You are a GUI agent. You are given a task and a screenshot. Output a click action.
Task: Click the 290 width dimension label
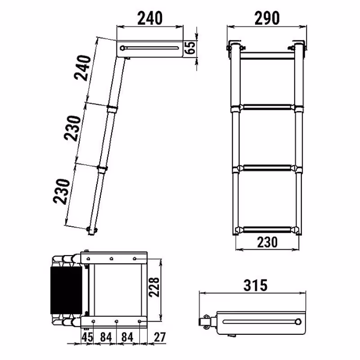pyautogui.click(x=267, y=18)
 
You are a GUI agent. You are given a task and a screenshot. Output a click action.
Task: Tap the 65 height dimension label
pyautogui.click(x=190, y=48)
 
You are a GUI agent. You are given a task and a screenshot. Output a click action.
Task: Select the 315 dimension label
pyautogui.click(x=256, y=285)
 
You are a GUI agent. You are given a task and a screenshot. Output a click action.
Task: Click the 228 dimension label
pyautogui.click(x=154, y=287)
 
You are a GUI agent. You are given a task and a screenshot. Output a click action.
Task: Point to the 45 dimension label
pyautogui.click(x=87, y=337)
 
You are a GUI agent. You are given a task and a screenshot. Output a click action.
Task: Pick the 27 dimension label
pyautogui.click(x=160, y=337)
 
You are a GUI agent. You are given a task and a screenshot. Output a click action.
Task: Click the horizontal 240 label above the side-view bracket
pyautogui.click(x=150, y=18)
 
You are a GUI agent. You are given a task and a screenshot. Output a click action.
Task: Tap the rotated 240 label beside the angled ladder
pyautogui.click(x=83, y=68)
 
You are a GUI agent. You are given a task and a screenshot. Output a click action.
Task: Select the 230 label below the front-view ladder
pyautogui.click(x=267, y=242)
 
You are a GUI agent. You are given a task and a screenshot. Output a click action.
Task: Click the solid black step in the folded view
pyautogui.click(x=66, y=290)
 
